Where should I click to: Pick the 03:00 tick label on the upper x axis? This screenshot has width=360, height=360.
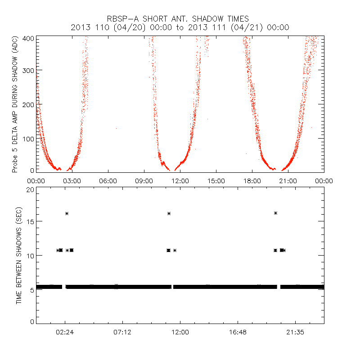[x=72, y=181]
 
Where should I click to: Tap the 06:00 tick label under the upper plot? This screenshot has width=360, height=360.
[x=108, y=181]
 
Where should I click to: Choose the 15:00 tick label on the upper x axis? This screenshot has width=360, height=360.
[x=216, y=181]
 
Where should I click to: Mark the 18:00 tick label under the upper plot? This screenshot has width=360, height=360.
[x=252, y=181]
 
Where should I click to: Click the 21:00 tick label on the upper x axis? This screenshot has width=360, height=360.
[x=288, y=181]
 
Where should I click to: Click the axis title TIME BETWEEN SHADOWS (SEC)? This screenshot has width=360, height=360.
[x=19, y=255]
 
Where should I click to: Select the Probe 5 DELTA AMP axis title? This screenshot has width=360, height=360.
[x=15, y=105]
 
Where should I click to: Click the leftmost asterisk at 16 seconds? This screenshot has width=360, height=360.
[x=67, y=213]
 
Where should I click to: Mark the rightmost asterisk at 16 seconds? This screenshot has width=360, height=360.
[x=275, y=213]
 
